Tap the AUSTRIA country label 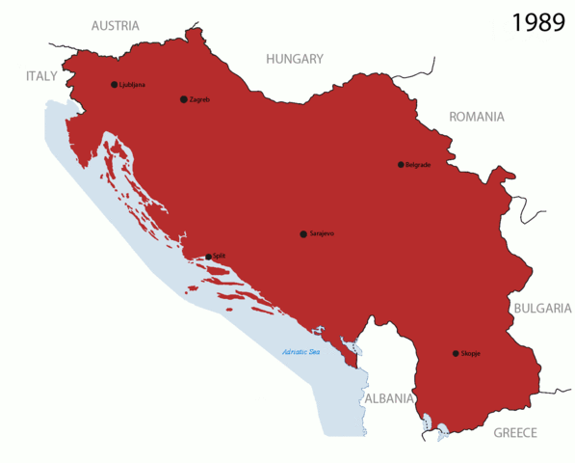tap(115, 26)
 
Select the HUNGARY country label tap(295, 59)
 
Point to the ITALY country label tap(41, 75)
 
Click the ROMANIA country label tap(476, 117)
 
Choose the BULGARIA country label tap(542, 309)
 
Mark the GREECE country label tap(515, 433)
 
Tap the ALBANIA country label tap(388, 398)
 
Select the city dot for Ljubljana tap(114, 85)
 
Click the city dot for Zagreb tap(184, 99)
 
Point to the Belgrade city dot tap(401, 165)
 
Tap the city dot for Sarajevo tap(303, 234)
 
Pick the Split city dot tap(208, 257)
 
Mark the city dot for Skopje tap(456, 354)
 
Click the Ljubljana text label tap(132, 85)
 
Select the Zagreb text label tap(200, 99)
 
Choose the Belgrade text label tap(419, 165)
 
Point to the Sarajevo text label tap(322, 234)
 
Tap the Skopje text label tap(471, 354)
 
